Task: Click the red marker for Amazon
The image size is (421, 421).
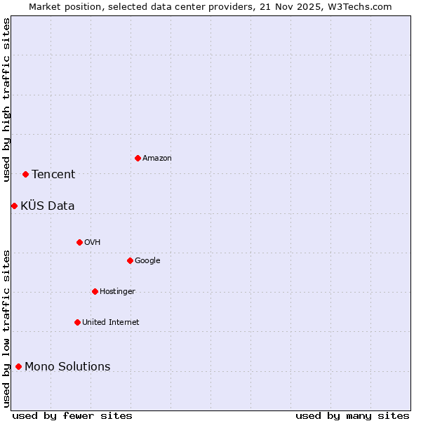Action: [138, 158]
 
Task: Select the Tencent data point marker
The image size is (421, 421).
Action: [25, 174]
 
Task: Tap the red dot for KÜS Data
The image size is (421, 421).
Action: [14, 206]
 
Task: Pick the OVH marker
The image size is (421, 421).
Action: [79, 242]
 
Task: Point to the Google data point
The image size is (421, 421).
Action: [130, 260]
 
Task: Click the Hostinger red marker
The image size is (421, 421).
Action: [95, 291]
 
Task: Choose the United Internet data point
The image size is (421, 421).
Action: [77, 322]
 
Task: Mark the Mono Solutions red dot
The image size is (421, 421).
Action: [18, 366]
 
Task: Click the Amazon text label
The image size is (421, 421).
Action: [156, 159]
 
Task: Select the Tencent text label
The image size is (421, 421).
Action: [53, 175]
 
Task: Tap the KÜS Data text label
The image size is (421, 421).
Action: [48, 206]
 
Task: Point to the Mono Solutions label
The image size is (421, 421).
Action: [67, 367]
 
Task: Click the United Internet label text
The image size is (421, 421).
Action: [110, 323]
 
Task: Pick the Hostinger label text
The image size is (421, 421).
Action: [117, 292]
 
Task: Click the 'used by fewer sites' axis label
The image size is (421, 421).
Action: [72, 415]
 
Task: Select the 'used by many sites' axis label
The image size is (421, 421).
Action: [352, 415]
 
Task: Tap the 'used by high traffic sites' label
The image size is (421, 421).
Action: [6, 100]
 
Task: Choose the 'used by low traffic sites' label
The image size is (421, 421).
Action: [6, 328]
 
